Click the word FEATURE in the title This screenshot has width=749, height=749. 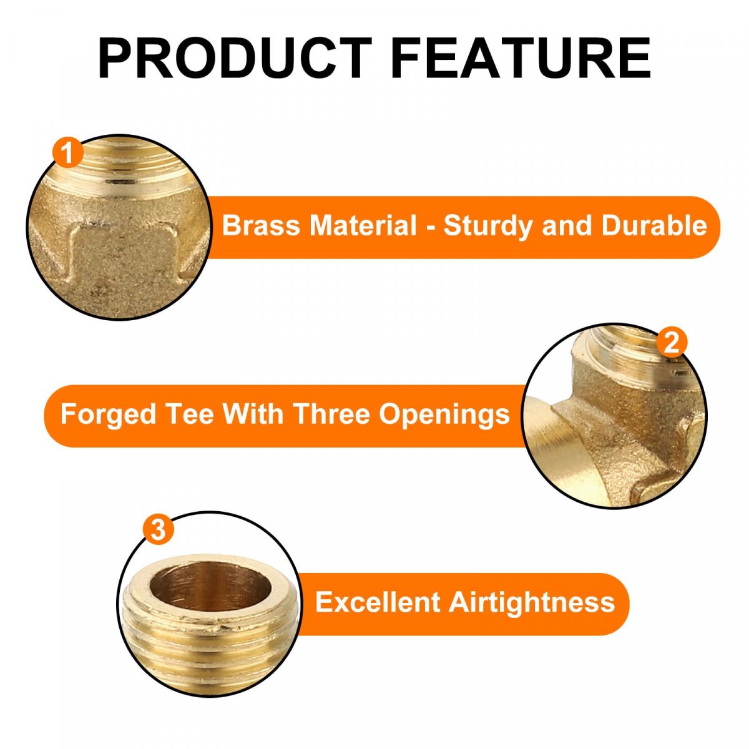pyautogui.click(x=521, y=58)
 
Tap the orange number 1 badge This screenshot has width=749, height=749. pyautogui.click(x=67, y=153)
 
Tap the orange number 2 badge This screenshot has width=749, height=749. pyautogui.click(x=672, y=343)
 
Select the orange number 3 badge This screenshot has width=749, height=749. pyautogui.click(x=158, y=529)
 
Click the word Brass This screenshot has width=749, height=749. pyautogui.click(x=261, y=225)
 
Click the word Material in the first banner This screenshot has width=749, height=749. pyautogui.click(x=363, y=225)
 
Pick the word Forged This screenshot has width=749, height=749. pyautogui.click(x=108, y=414)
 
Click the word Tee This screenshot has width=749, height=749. pyautogui.click(x=189, y=414)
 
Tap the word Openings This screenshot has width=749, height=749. pyautogui.click(x=444, y=415)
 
